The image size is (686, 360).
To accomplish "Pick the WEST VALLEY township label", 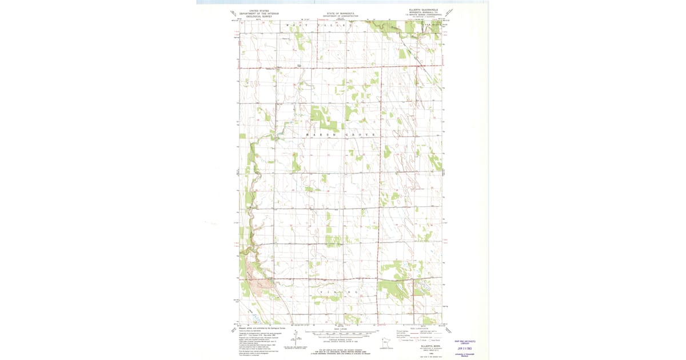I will [x=317, y=26].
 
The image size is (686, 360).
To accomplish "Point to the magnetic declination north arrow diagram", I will [x=296, y=336].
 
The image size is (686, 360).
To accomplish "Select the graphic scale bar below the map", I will [x=342, y=333].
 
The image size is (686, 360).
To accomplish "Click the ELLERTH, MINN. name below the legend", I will [x=428, y=346].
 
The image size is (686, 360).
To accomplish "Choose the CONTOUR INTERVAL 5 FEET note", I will [x=342, y=339].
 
